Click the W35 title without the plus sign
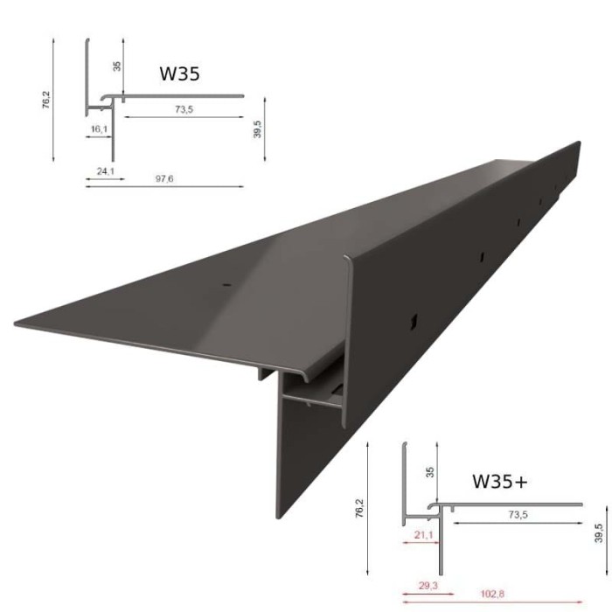(179, 73)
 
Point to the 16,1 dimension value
(99, 129)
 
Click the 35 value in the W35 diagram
(118, 66)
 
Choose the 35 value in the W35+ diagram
(429, 473)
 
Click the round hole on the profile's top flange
(226, 285)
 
